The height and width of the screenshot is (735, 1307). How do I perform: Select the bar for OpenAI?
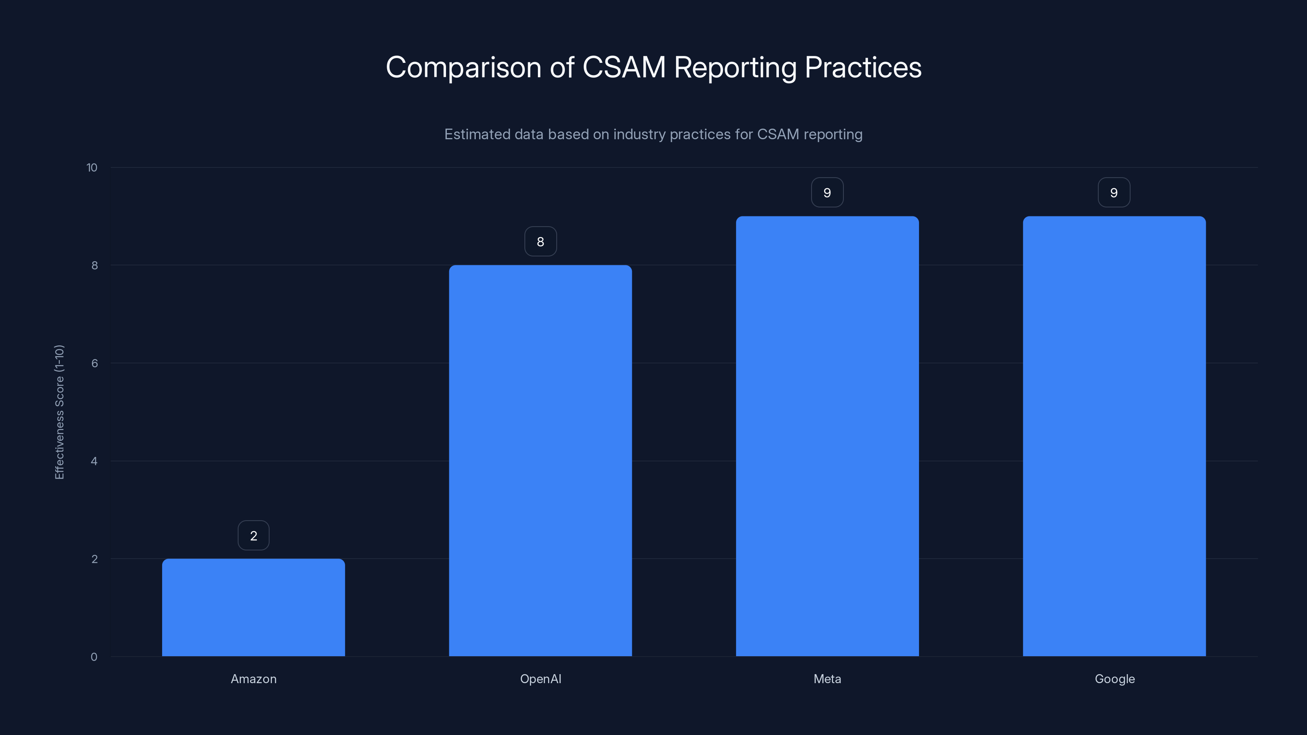[x=540, y=461]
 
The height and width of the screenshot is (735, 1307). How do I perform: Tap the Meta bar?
[x=827, y=436]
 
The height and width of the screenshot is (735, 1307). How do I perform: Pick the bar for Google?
[x=1114, y=436]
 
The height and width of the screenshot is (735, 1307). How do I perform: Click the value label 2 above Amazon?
[x=254, y=536]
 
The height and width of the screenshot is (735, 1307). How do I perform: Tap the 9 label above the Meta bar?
[x=827, y=193]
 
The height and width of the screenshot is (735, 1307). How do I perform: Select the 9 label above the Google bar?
[x=1114, y=193]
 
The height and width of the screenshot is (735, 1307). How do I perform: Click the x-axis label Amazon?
[x=254, y=679]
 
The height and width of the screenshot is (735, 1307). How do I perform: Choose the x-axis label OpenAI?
[x=540, y=679]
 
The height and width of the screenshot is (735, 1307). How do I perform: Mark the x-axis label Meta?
[x=827, y=679]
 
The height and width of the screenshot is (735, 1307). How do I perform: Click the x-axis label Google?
[x=1114, y=679]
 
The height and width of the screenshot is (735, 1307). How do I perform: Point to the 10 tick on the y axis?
[x=92, y=167]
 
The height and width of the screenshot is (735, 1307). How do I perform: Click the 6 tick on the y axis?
[x=94, y=363]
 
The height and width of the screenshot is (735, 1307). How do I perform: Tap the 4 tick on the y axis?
[x=94, y=461]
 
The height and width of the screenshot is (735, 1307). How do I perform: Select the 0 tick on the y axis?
[x=94, y=657]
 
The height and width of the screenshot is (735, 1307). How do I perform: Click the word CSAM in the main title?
[x=624, y=67]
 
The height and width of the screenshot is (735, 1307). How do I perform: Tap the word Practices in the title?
[x=863, y=67]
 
